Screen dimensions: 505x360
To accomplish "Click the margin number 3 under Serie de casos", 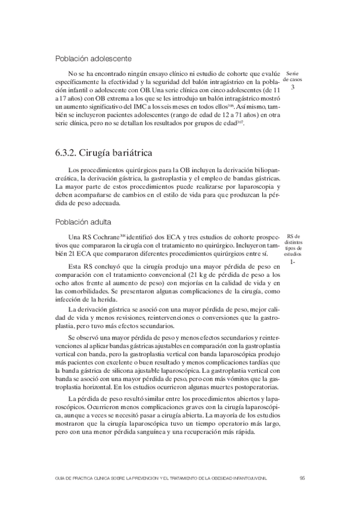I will (293, 88).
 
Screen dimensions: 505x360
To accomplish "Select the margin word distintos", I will (293, 241).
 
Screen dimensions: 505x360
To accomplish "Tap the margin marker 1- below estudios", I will (293, 261).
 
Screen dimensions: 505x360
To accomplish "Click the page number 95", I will (303, 478).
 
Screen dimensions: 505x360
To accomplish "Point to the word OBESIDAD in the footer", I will (230, 478).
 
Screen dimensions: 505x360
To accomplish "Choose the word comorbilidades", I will (82, 291).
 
